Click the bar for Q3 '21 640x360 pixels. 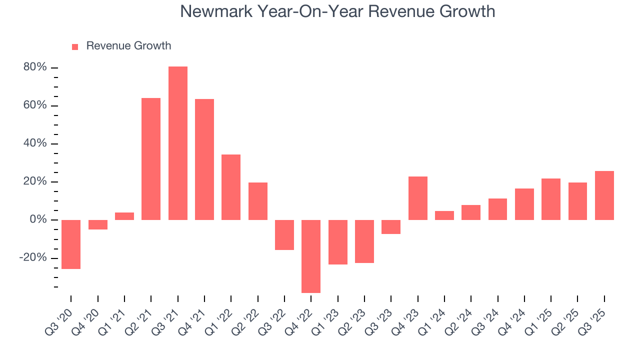(x=177, y=143)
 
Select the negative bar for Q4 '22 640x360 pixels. (x=311, y=256)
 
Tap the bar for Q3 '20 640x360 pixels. (x=71, y=244)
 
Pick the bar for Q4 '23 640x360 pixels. (x=417, y=198)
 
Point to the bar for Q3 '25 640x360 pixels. (x=604, y=195)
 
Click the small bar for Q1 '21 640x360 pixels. (x=124, y=216)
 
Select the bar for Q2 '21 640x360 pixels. (x=151, y=158)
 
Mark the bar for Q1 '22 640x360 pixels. (x=231, y=187)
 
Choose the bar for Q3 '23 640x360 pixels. (x=391, y=227)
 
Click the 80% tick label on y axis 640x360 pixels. (x=35, y=67)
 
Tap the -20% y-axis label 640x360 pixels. (x=33, y=257)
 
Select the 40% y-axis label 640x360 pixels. (x=35, y=143)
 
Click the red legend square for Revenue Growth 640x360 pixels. (x=75, y=46)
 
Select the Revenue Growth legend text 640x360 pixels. (x=128, y=46)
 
